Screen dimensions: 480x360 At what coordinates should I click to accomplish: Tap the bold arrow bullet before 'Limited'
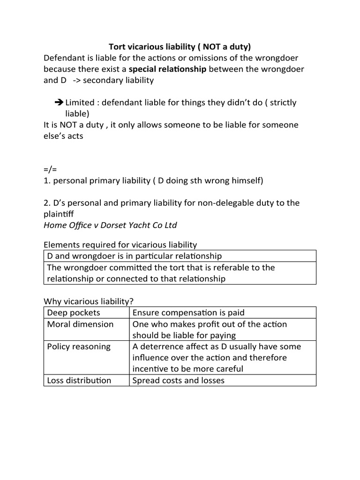coord(59,103)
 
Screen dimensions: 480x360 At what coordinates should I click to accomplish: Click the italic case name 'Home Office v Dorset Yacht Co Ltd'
coord(110,225)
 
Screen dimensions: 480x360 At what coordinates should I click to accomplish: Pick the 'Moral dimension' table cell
coord(80,324)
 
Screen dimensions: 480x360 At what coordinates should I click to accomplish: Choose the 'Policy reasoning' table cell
coord(79,346)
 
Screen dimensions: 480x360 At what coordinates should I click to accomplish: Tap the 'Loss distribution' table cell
coord(79,380)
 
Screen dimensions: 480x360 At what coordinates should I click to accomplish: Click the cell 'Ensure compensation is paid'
coord(188,313)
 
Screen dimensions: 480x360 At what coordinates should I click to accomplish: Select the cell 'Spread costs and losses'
coord(179,380)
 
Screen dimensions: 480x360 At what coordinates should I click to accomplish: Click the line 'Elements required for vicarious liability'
coord(120,245)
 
